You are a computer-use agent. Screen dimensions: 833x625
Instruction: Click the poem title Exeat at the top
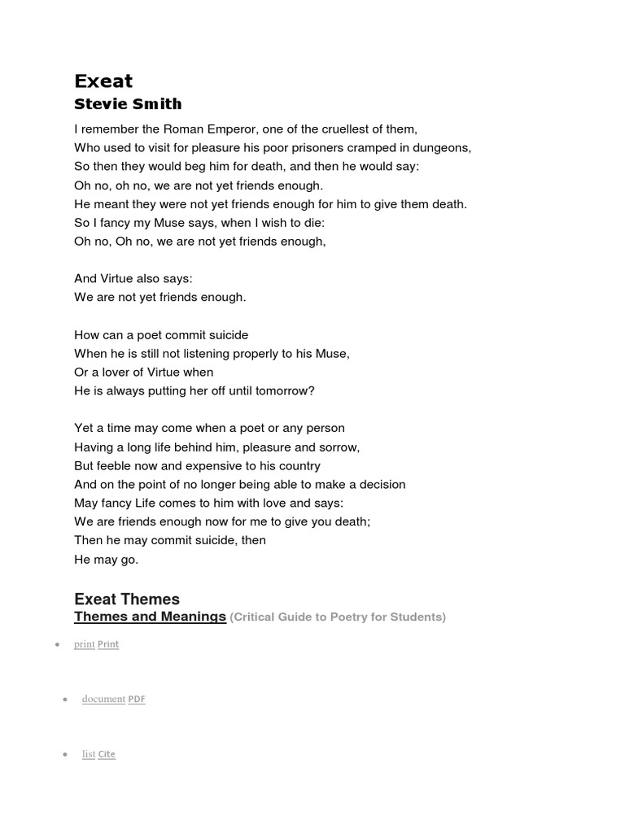(103, 81)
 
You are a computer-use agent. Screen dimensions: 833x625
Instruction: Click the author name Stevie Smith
(128, 104)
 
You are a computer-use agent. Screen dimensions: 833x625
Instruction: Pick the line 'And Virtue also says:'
(133, 278)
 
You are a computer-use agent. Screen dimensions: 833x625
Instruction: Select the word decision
(378, 485)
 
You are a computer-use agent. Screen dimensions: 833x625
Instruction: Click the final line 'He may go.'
(106, 559)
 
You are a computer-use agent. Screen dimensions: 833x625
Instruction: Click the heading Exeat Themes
(126, 600)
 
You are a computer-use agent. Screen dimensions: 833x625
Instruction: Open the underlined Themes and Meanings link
(150, 617)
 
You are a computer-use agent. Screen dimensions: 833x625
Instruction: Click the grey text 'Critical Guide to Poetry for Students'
(339, 617)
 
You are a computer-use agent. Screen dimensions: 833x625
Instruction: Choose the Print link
(107, 644)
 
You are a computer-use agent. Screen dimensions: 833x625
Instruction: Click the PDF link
(137, 699)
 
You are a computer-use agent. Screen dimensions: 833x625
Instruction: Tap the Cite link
(107, 754)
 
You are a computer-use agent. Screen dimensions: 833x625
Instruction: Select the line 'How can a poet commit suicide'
(161, 335)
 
